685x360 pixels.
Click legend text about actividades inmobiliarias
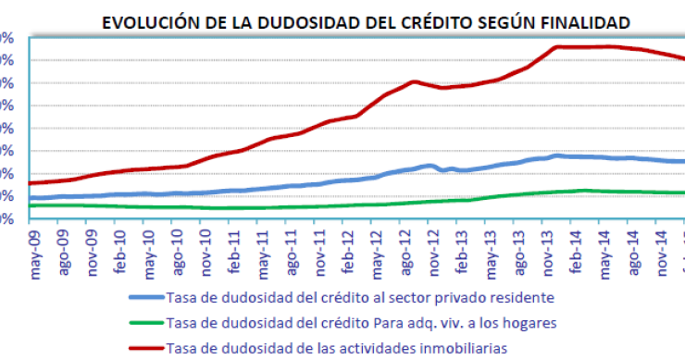337,348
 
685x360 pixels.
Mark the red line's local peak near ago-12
414,81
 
